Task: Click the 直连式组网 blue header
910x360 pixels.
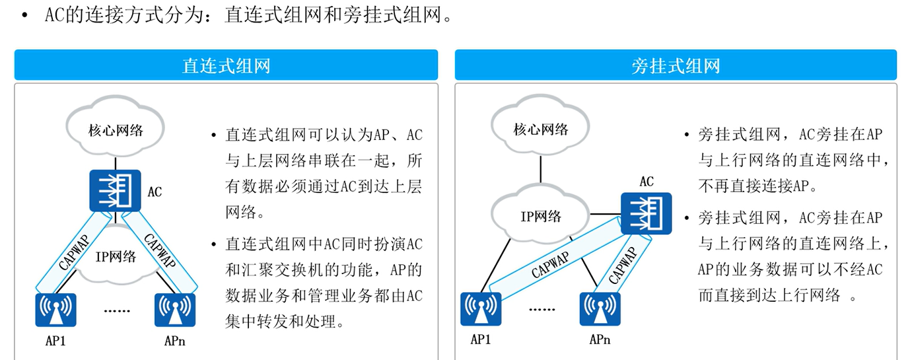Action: [226, 65]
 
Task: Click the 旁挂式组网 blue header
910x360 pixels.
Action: [675, 65]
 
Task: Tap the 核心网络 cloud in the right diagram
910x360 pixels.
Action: [540, 128]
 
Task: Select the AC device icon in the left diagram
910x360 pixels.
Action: [115, 192]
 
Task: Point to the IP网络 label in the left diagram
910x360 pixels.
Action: [116, 256]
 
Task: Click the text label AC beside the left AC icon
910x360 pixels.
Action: [155, 192]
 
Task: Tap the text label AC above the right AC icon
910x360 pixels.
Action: [647, 181]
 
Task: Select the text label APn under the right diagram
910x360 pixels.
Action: [600, 341]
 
